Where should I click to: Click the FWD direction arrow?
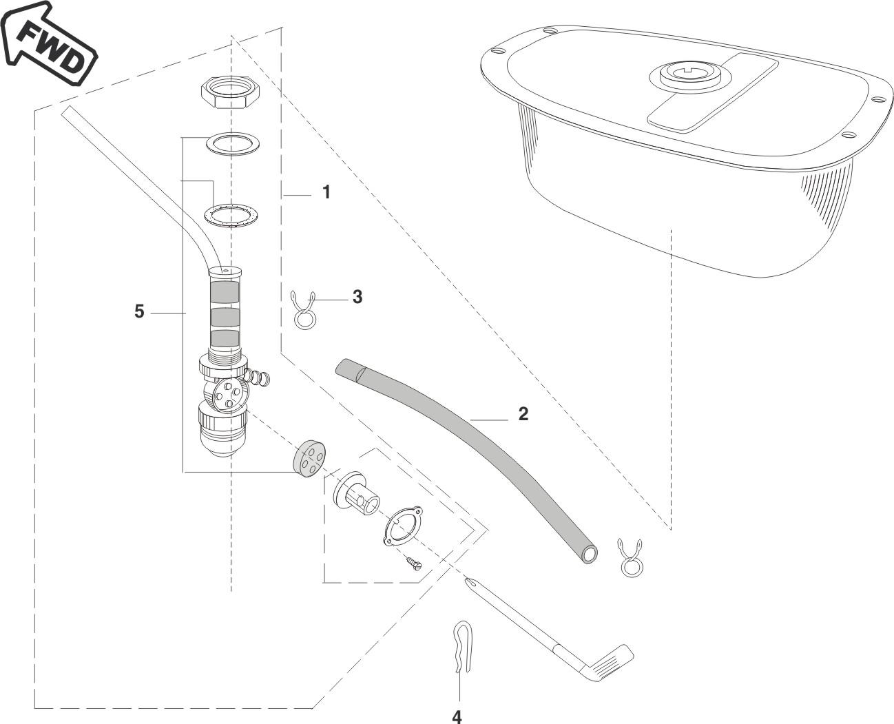(x=48, y=44)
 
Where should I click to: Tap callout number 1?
(x=326, y=192)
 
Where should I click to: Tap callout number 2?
(x=523, y=414)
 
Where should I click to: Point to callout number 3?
(x=357, y=297)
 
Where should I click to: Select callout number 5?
(x=139, y=311)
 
